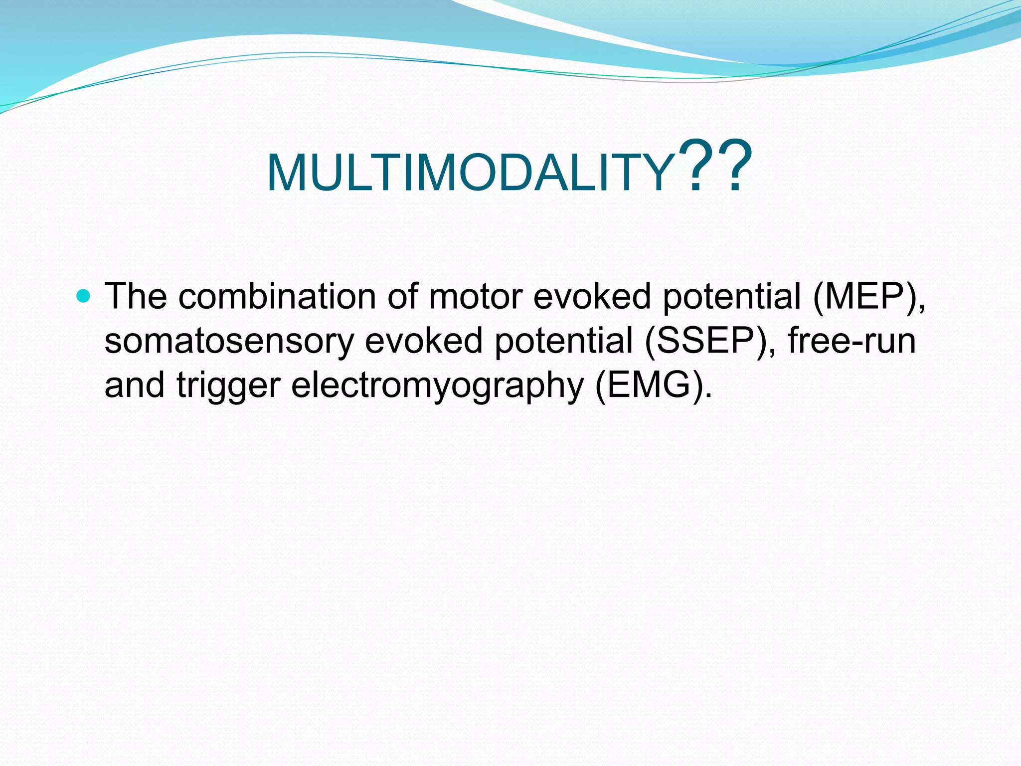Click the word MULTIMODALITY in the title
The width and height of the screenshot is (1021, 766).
470,173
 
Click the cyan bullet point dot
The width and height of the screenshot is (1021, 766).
84,297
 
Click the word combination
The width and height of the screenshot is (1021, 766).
277,296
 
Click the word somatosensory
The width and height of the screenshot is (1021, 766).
229,341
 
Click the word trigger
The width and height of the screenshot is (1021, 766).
228,386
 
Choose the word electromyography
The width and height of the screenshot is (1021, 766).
437,386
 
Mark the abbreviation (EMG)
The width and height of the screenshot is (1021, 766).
653,386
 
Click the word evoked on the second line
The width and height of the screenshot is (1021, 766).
424,341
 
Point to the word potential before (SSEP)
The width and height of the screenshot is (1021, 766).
563,342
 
